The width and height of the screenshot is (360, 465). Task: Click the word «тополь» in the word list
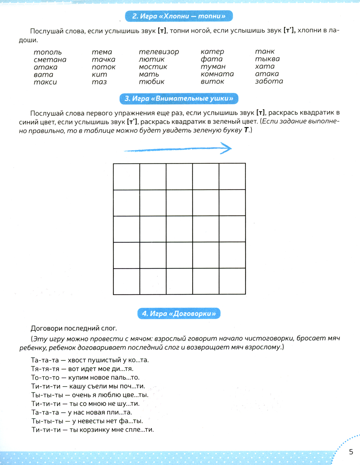48,53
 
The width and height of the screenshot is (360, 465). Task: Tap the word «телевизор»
159,52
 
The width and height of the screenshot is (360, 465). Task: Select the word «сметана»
50,60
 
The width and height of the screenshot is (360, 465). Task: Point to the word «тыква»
267,59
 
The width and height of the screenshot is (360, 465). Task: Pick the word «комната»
217,74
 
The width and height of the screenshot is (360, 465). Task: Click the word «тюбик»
152,82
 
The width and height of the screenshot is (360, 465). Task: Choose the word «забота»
269,81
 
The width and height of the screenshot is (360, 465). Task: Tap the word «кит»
99,75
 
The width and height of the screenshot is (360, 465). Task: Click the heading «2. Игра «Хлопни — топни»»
179,16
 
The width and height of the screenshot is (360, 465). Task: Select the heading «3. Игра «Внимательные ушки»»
179,99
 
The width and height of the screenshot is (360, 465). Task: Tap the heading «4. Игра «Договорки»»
179,313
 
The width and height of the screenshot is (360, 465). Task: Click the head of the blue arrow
227,148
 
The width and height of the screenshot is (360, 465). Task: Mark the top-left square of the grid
127,177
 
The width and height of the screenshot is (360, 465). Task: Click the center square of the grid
179,229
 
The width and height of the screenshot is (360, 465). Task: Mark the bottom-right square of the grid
232,281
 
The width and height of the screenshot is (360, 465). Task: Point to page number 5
351,452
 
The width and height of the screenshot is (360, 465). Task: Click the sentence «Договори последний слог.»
74,328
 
